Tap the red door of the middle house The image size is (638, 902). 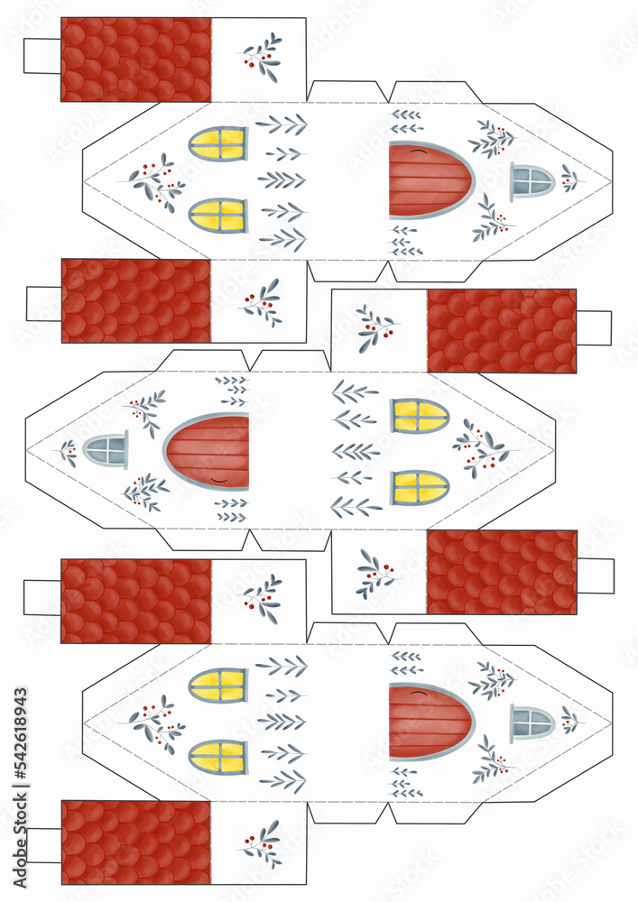pos(208,451)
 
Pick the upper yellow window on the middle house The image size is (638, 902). pos(420,416)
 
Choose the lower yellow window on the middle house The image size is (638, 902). pos(420,487)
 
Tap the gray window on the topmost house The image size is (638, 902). pos(532,181)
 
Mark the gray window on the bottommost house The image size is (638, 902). pos(532,723)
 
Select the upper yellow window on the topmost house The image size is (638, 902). pos(217,143)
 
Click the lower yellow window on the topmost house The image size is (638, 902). pos(217,216)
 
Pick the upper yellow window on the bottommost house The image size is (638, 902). pos(217,685)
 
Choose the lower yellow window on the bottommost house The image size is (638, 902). pos(217,757)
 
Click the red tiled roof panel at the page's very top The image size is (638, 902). pos(135,60)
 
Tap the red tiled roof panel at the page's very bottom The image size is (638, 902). pos(135,842)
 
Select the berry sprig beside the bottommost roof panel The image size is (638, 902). pos(261,843)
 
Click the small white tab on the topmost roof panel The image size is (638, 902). pos(42,56)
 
